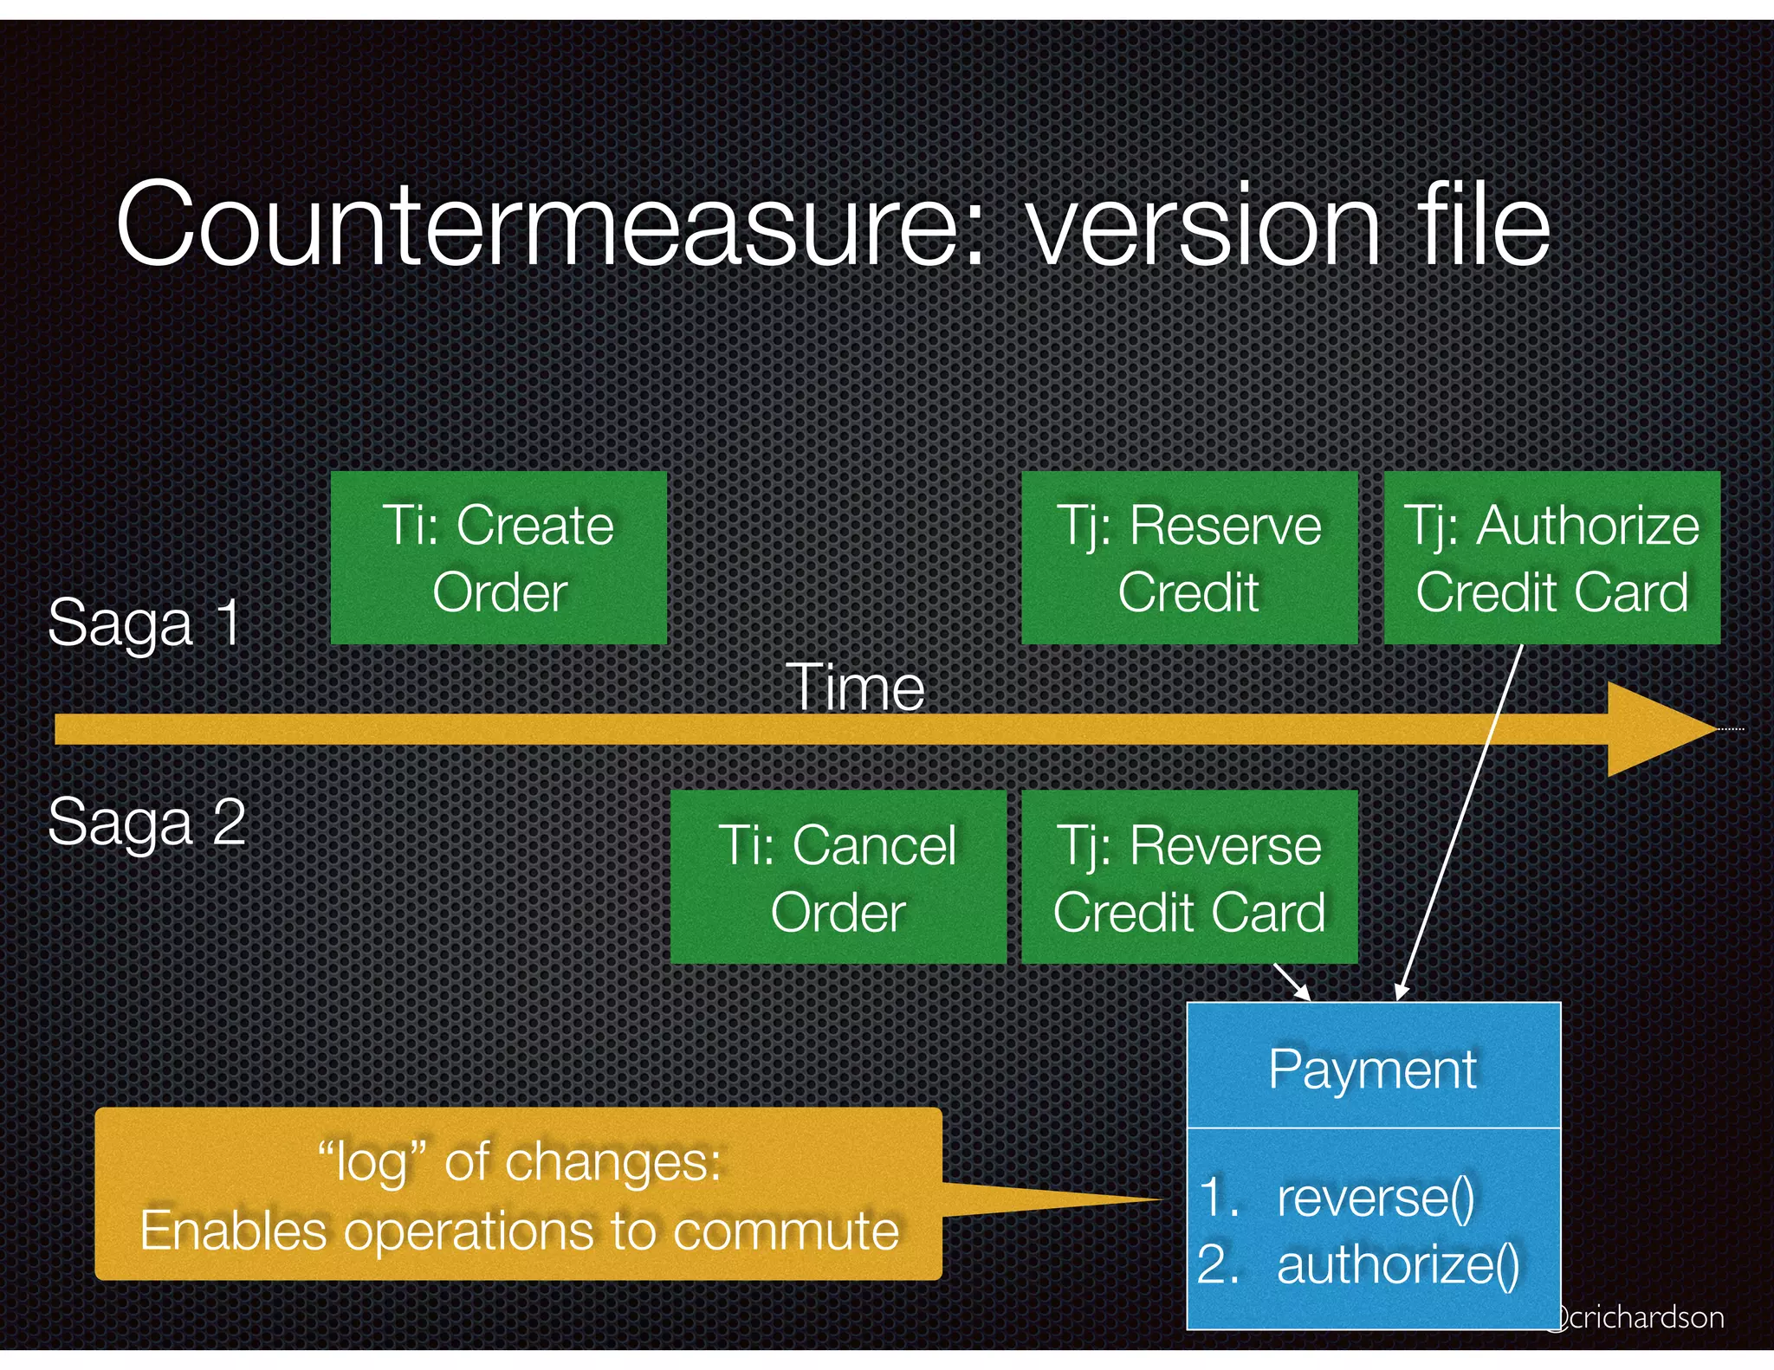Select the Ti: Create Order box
[x=499, y=559]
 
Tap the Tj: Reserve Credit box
[x=1188, y=559]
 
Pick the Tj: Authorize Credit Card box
[x=1551, y=559]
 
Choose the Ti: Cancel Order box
[x=838, y=877]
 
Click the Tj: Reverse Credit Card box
[x=1188, y=877]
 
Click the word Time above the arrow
[x=855, y=688]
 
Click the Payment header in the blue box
[x=1372, y=1070]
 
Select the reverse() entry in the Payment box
[x=1375, y=1199]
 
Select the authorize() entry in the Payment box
[x=1397, y=1265]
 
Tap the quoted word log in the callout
[x=372, y=1162]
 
